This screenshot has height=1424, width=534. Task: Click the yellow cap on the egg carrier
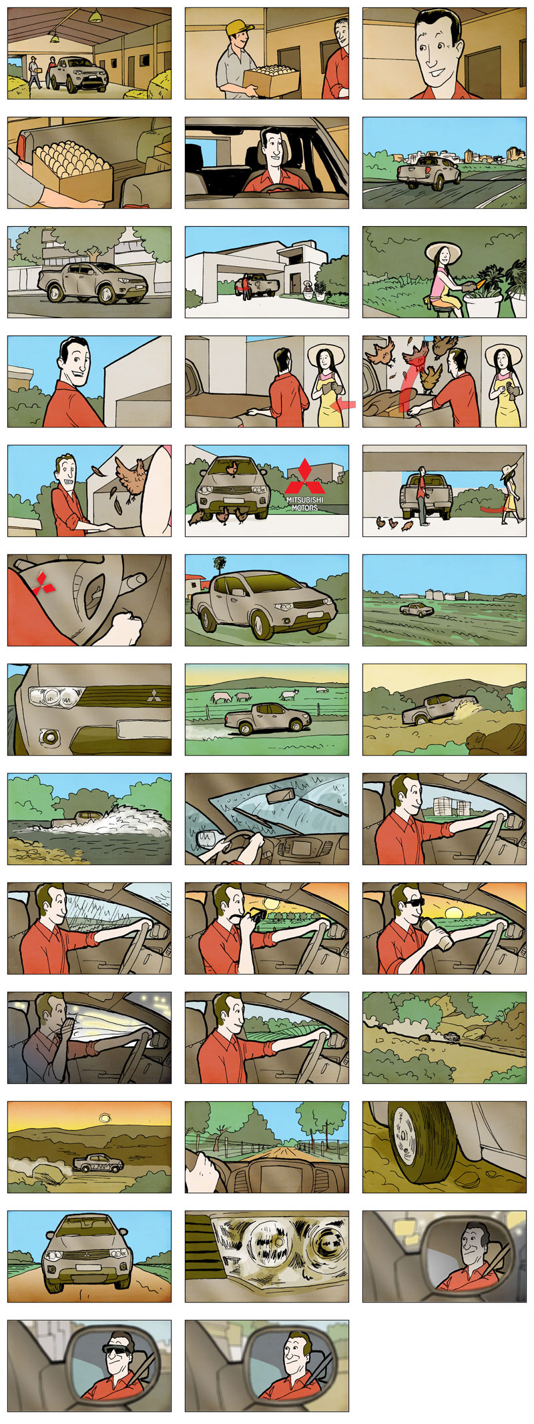pos(240,27)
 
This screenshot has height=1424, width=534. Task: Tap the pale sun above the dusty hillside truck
pos(104,1117)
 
